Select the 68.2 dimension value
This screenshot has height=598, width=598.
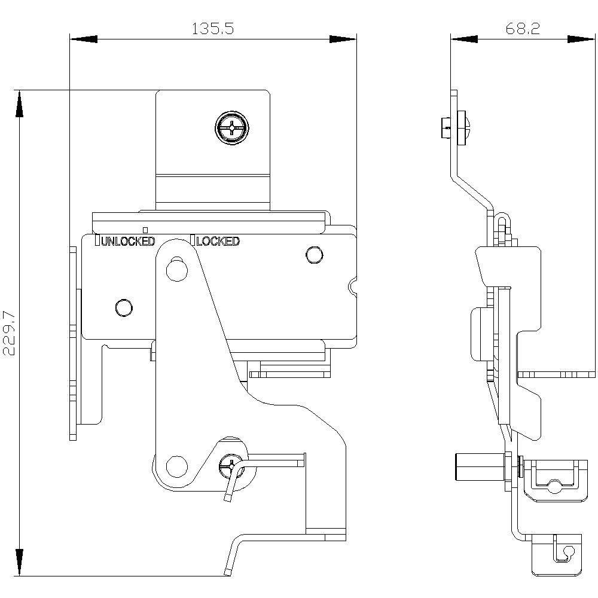tap(523, 29)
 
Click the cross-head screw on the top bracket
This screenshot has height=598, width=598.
tap(231, 127)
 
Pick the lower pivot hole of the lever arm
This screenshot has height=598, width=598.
tap(175, 465)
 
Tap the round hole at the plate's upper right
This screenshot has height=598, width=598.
tap(312, 254)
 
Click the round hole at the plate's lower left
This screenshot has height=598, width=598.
tap(124, 307)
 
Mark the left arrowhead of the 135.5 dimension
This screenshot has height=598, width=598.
tap(84, 39)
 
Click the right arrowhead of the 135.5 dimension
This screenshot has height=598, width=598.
tap(343, 39)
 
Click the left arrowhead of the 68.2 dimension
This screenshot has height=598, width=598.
tap(465, 39)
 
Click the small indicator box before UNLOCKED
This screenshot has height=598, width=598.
tap(98, 241)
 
